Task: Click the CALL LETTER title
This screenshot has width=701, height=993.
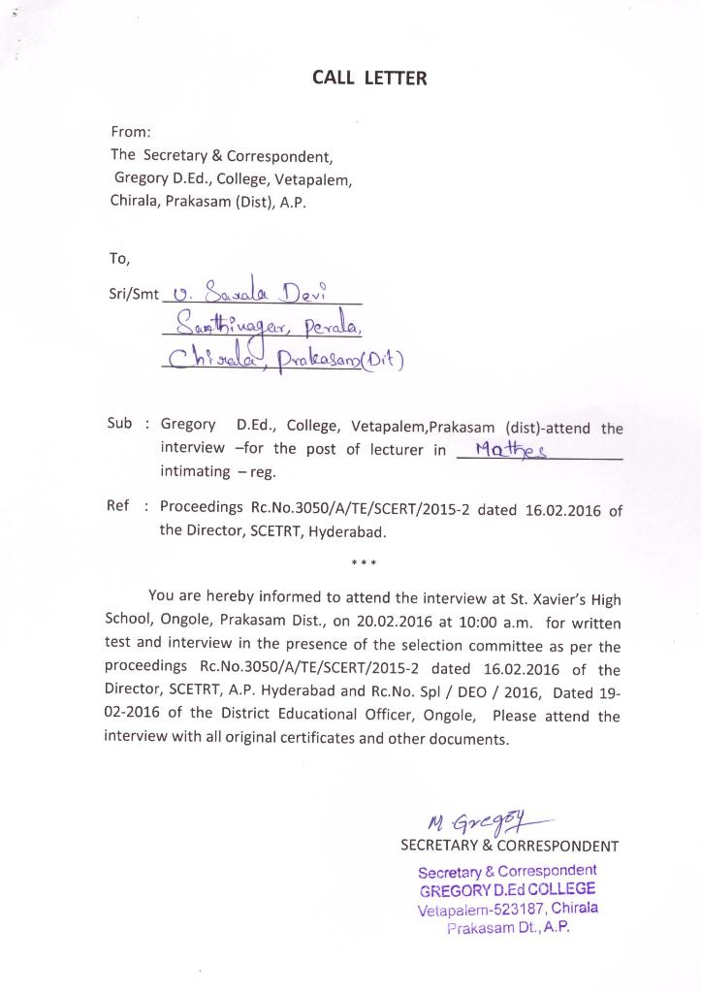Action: coord(368,78)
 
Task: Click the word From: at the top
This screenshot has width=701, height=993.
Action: coord(131,131)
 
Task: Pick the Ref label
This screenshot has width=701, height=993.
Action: coord(117,506)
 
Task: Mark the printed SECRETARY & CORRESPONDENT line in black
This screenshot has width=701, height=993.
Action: coord(509,846)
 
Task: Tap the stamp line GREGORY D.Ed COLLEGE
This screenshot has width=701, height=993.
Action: coord(507,889)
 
